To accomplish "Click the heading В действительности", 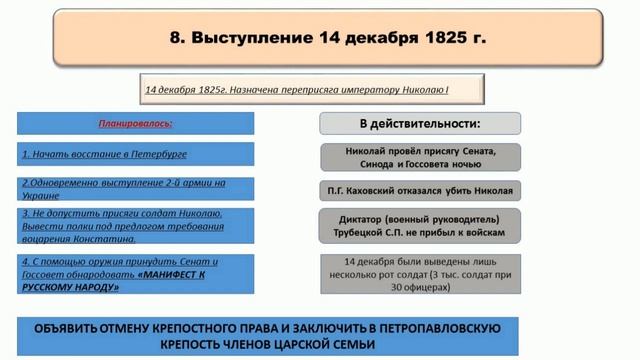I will (x=419, y=124).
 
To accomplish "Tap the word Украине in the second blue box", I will (x=43, y=195).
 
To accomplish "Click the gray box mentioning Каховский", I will (x=420, y=190).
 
